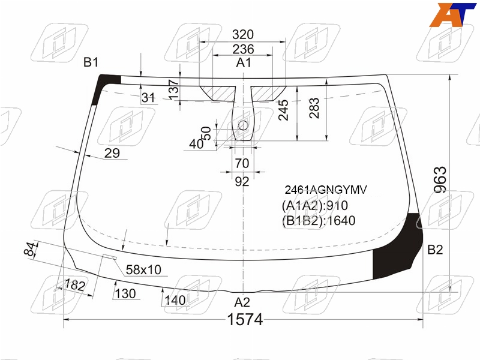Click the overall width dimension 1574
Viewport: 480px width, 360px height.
(245, 320)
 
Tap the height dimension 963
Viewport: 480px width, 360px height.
(441, 179)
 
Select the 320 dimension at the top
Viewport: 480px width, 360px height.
(243, 34)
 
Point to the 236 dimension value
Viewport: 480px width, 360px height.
(243, 49)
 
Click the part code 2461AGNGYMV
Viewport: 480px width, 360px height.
(326, 190)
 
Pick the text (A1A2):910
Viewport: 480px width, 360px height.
(314, 205)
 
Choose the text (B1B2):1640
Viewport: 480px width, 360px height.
(319, 221)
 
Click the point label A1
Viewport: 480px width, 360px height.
(244, 63)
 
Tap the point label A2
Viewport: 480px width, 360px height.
(242, 302)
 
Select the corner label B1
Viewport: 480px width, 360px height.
(91, 62)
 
